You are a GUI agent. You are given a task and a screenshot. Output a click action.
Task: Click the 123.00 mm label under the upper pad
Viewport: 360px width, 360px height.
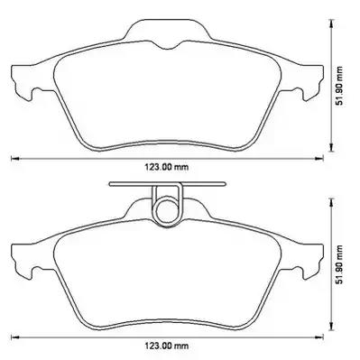pyautogui.click(x=167, y=167)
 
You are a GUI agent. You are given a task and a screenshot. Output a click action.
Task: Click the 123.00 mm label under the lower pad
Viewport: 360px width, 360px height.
pyautogui.click(x=167, y=346)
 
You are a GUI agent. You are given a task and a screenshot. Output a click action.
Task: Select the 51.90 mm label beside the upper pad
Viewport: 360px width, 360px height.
pyautogui.click(x=339, y=86)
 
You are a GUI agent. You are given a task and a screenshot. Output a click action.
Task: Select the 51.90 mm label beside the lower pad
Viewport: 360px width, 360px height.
pyautogui.click(x=339, y=264)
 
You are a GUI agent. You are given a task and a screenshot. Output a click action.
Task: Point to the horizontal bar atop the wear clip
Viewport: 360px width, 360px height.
pyautogui.click(x=167, y=184)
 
